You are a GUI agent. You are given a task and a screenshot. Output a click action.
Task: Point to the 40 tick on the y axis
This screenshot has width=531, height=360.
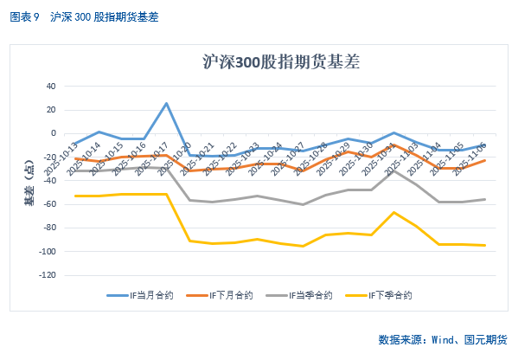tap(50, 87)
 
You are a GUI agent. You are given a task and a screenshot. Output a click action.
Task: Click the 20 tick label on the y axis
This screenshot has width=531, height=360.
tap(50, 110)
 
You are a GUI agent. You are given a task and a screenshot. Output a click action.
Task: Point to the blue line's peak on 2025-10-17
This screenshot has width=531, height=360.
tap(166, 104)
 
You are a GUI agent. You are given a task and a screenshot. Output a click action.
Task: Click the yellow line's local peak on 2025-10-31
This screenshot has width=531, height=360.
tap(393, 212)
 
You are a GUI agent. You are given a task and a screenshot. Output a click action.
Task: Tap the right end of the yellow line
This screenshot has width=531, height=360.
tap(484, 245)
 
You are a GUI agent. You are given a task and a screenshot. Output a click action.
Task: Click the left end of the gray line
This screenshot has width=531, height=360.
tap(75, 170)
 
